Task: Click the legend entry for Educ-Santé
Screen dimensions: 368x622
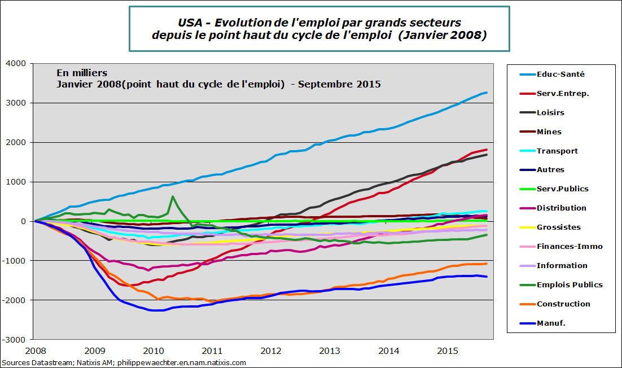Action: click(560, 74)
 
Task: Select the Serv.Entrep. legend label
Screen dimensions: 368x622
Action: click(563, 93)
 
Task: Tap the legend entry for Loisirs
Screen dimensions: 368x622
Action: click(550, 112)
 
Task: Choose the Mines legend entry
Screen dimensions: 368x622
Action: click(549, 132)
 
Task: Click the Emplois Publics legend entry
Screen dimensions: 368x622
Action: click(570, 284)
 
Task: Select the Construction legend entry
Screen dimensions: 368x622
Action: click(563, 304)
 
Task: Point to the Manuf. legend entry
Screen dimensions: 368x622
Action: click(551, 323)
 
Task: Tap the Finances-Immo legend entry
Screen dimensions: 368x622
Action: click(570, 246)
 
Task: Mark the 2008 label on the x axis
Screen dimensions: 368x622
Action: click(35, 351)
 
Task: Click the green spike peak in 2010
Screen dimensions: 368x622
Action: click(173, 196)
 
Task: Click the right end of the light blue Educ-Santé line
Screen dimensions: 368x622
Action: click(487, 93)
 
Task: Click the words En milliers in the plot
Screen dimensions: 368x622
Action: click(81, 73)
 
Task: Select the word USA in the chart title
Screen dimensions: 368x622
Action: click(190, 23)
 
